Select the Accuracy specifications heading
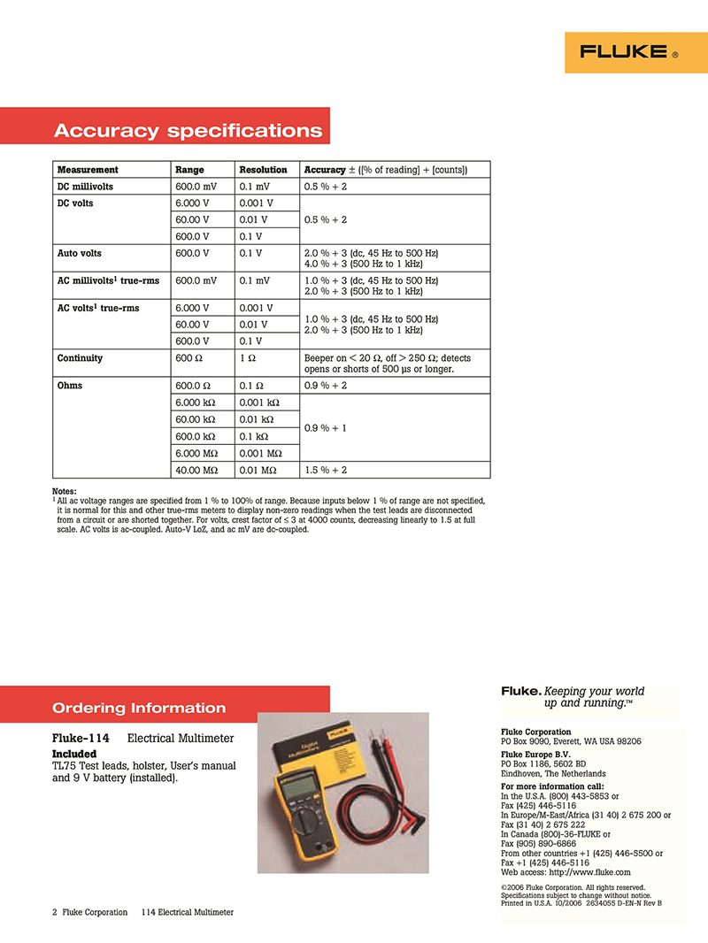coord(188,131)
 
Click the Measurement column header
coord(88,170)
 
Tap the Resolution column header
coord(263,170)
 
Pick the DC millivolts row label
coord(85,187)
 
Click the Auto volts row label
coord(79,253)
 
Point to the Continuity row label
coord(80,358)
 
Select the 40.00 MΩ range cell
coord(197,470)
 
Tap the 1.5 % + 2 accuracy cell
coord(326,470)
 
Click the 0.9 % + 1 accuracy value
coord(326,428)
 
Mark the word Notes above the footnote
coord(65,491)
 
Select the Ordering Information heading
coord(139,708)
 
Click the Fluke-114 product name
coord(82,738)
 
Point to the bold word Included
coord(74,754)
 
